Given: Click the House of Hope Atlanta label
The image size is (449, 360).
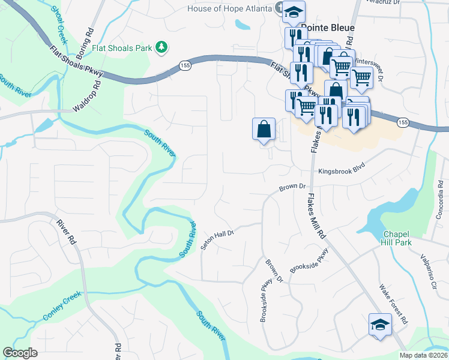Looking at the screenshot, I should (x=229, y=8).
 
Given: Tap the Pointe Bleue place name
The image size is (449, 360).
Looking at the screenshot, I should (x=328, y=28).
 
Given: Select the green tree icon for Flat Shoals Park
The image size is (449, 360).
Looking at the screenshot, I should (x=161, y=46).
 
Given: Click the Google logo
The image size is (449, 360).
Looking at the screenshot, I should (x=20, y=353).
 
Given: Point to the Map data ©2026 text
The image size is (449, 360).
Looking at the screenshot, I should (x=423, y=355).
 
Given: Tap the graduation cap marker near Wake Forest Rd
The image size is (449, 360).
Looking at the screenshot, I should (x=379, y=325).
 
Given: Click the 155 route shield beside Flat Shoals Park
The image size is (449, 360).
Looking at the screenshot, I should (x=184, y=65).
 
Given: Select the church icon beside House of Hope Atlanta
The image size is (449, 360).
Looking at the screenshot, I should (x=279, y=8).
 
